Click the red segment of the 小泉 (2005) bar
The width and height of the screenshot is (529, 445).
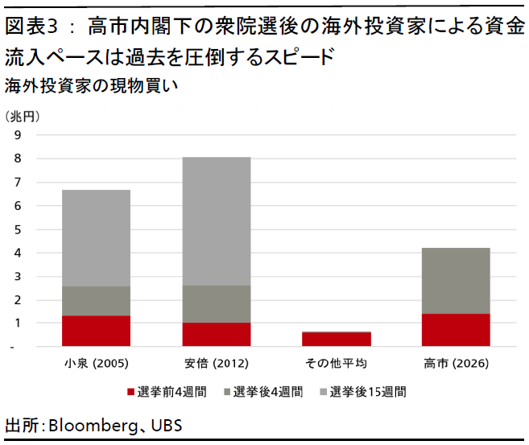pos(96,330)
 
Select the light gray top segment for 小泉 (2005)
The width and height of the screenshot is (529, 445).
pos(96,238)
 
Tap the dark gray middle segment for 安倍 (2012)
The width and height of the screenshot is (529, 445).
pos(216,304)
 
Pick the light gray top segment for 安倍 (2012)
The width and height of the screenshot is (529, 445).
pos(216,221)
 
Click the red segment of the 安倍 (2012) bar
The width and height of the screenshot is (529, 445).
pos(216,334)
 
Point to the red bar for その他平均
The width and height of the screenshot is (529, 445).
pos(337,339)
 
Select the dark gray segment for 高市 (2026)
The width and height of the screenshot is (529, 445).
pos(457,281)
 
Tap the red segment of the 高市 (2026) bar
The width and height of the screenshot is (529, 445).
pos(457,329)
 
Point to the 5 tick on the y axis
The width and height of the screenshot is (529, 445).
pos(17,229)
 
